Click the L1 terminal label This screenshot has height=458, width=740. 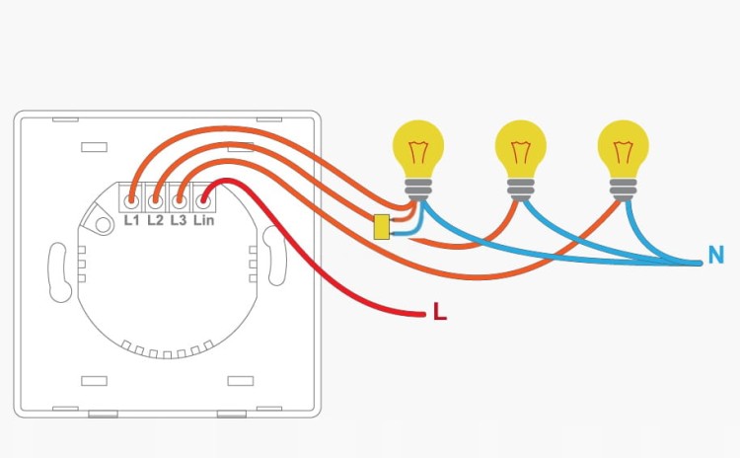coord(131,220)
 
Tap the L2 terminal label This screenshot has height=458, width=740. coord(155,220)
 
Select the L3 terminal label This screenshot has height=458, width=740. coord(179,220)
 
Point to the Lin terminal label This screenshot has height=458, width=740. coord(204,220)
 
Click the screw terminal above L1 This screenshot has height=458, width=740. coord(131,201)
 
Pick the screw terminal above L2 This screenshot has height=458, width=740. coord(155,201)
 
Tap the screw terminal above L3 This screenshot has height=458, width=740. coord(179,201)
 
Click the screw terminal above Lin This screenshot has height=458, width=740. coord(203,201)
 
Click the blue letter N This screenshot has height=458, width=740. coord(716,255)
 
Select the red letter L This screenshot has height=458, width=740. coord(440,312)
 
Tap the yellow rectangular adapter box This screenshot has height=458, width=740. coord(381,227)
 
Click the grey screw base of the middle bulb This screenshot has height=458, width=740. coord(521,190)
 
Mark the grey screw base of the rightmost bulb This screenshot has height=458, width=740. coord(623,190)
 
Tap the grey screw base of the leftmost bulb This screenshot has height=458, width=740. coord(418,190)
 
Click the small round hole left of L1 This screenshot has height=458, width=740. coord(103,224)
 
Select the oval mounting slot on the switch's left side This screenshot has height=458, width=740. coord(59,272)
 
